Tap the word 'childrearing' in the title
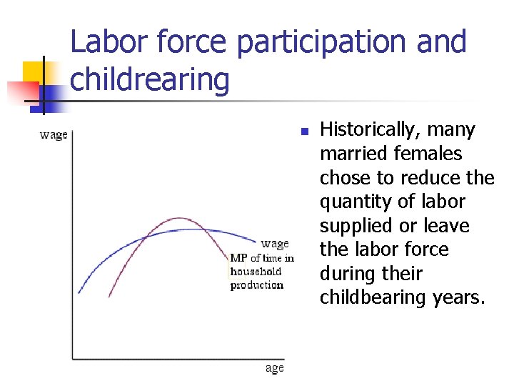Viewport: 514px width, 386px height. point(150,79)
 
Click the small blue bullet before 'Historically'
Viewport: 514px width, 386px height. point(303,132)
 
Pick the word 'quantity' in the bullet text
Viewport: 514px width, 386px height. point(356,202)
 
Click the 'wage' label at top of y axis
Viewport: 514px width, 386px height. point(54,134)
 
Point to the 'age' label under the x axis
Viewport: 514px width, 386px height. point(274,367)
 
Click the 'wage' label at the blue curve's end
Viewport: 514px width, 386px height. point(275,244)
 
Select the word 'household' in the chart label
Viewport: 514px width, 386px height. point(256,271)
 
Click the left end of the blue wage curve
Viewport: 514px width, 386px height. point(79,292)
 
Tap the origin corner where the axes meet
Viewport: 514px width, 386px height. point(73,357)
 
